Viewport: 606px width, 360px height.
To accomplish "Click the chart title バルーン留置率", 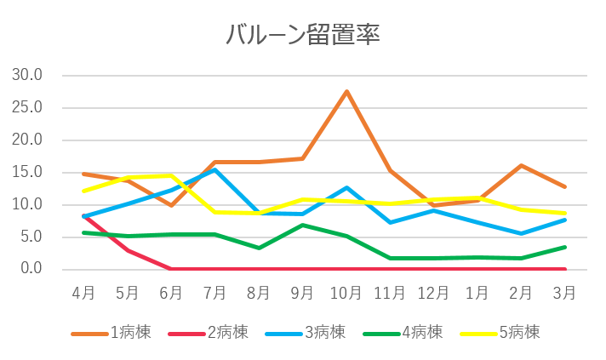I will point(302,36).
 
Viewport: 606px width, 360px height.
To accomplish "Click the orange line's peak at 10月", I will point(346,91).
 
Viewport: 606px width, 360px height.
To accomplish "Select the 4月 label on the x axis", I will point(83,294).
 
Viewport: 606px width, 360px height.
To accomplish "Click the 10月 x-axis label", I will point(346,294).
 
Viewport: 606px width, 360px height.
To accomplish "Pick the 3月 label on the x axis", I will point(564,294).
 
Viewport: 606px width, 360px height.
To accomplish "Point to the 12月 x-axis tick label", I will point(434,294).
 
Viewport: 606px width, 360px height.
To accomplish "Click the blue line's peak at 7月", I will point(215,169).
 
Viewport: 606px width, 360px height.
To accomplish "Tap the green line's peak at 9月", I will point(302,225).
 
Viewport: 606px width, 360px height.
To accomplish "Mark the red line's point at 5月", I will point(128,250).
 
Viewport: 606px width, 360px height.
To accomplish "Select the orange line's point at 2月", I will point(521,165).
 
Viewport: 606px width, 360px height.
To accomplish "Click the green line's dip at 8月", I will point(259,248).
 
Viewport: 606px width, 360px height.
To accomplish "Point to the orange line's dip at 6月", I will point(171,205).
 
